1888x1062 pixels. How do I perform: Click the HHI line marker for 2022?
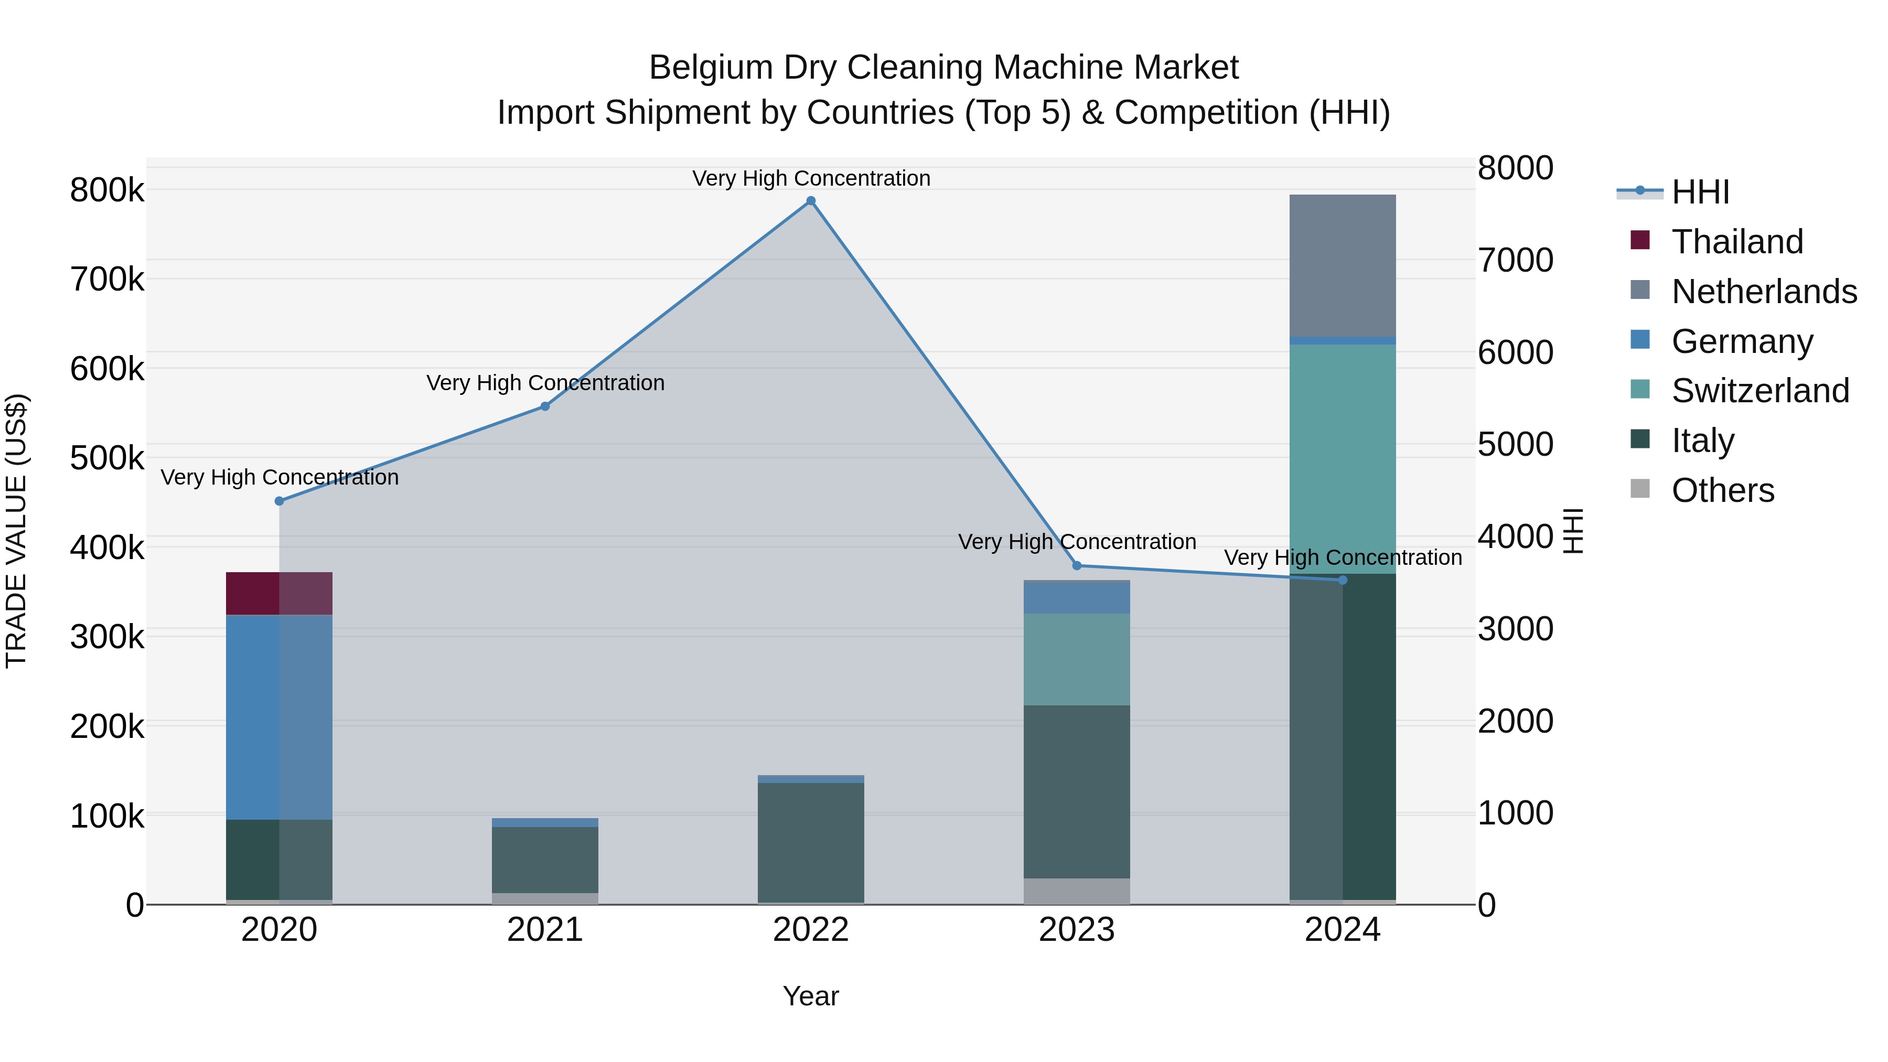tap(811, 201)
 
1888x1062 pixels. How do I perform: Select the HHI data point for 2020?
tap(279, 501)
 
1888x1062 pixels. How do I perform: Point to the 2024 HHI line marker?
tap(1343, 580)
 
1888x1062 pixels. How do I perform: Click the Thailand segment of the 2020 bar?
tap(279, 593)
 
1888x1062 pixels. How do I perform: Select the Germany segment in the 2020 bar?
tap(279, 717)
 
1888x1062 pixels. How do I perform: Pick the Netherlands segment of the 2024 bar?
tap(1343, 265)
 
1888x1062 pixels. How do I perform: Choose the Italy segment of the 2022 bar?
tap(811, 842)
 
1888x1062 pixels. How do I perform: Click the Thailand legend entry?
tap(1736, 242)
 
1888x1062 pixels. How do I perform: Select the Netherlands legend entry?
tap(1763, 292)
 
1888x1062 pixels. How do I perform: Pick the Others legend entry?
tap(1722, 490)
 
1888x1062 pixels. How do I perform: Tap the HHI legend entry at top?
tap(1700, 192)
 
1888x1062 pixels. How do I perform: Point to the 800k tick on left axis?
tap(107, 190)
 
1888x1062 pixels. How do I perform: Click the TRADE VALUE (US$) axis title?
tap(16, 531)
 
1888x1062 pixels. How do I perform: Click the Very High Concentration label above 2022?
tap(811, 178)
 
